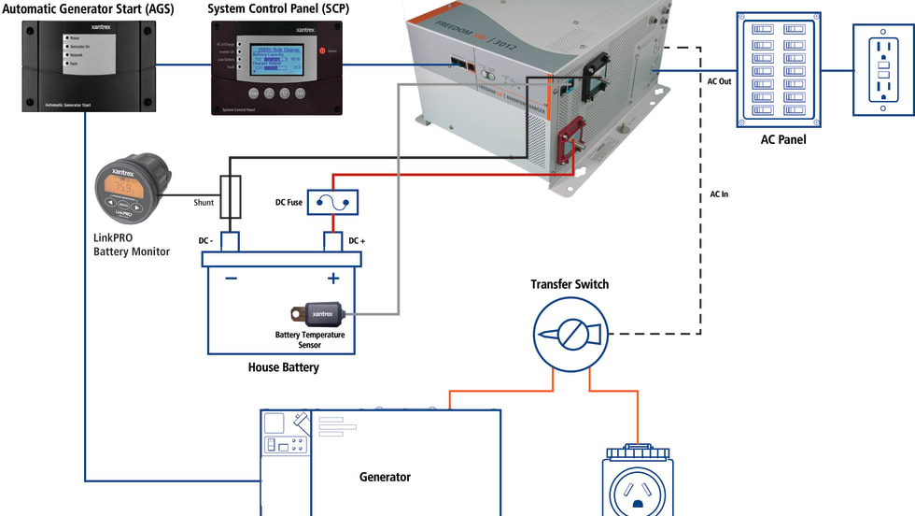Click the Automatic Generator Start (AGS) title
(91, 8)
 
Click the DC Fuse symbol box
(333, 200)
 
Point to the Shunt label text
(204, 203)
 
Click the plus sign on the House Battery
(332, 278)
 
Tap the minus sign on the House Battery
(231, 278)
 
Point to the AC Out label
(720, 81)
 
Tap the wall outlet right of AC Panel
(882, 69)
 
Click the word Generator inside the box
(385, 477)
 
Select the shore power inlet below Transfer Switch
(639, 481)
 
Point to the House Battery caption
(283, 367)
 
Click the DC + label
(356, 241)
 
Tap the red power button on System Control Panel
(322, 51)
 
